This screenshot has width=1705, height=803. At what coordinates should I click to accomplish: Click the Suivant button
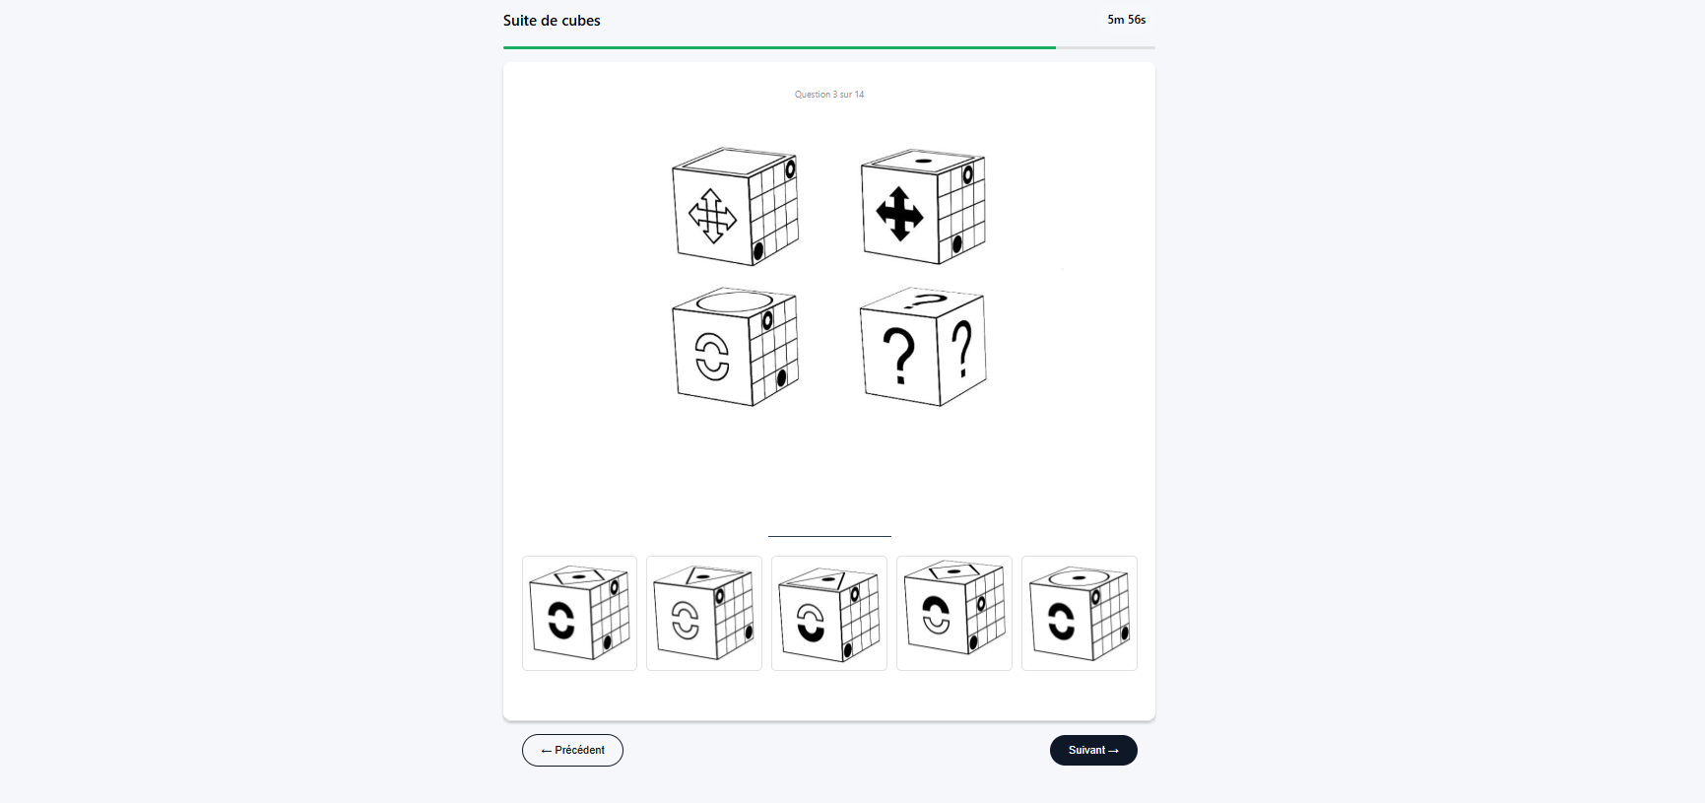(1093, 750)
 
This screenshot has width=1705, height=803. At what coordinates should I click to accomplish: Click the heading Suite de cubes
(552, 21)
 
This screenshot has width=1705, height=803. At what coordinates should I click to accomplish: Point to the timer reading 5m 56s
(1126, 20)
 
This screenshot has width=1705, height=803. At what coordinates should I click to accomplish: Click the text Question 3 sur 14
(829, 95)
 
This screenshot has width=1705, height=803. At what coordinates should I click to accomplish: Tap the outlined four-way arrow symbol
(712, 216)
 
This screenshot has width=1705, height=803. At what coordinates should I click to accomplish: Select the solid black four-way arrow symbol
(899, 214)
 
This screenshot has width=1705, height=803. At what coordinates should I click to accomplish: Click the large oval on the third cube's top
(734, 301)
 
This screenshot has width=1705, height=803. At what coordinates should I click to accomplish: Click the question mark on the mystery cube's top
(924, 301)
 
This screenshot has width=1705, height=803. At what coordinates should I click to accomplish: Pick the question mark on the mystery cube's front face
(898, 356)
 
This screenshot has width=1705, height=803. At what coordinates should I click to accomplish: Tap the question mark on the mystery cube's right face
(962, 348)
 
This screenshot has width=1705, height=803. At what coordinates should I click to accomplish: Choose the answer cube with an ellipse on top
(1080, 613)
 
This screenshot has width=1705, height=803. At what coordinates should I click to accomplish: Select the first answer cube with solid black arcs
(579, 613)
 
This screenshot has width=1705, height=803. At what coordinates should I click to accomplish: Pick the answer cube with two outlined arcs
(704, 613)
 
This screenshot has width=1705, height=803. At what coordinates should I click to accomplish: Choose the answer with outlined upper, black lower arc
(829, 613)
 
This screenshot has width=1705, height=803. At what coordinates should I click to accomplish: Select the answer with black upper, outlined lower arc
(954, 613)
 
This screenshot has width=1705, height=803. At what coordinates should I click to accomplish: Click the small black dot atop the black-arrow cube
(924, 160)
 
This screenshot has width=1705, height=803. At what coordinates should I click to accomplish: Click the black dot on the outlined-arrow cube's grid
(758, 252)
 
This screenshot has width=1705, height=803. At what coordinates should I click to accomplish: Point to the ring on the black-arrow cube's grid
(968, 175)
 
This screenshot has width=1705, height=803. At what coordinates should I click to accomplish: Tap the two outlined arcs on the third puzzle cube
(712, 356)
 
